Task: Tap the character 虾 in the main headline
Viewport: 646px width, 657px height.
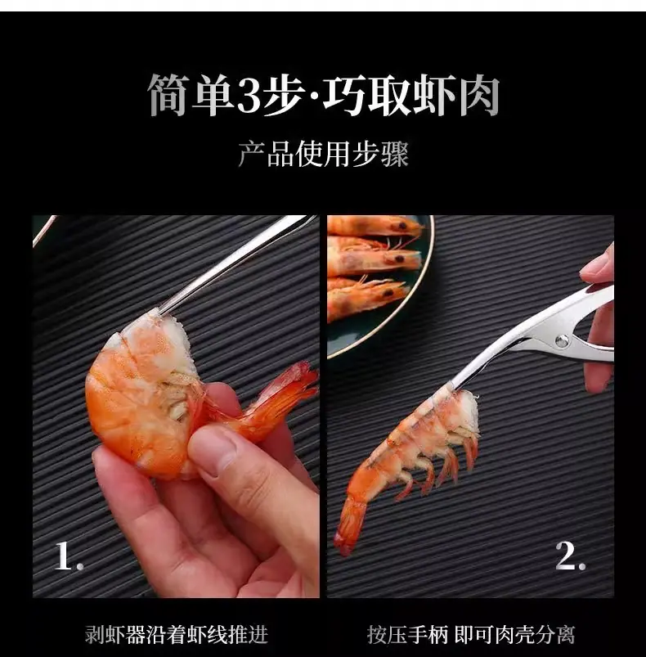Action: [x=434, y=95]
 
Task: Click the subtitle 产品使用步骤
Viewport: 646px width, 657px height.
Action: [x=323, y=154]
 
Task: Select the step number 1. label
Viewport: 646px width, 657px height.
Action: [x=69, y=556]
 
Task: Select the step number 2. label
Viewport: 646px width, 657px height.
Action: [x=570, y=556]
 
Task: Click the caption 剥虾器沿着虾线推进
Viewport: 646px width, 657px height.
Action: [x=177, y=634]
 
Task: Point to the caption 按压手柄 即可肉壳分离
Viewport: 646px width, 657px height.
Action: [x=472, y=634]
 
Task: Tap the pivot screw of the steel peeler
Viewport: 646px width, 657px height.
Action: [x=563, y=340]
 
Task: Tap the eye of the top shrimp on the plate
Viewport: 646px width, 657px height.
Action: [x=403, y=227]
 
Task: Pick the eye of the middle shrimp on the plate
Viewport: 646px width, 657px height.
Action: [x=400, y=259]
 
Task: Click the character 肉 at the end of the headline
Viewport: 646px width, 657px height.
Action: [x=479, y=95]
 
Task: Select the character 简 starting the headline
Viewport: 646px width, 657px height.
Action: [x=169, y=95]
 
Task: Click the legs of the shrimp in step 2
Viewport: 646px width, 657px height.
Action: [x=435, y=465]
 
